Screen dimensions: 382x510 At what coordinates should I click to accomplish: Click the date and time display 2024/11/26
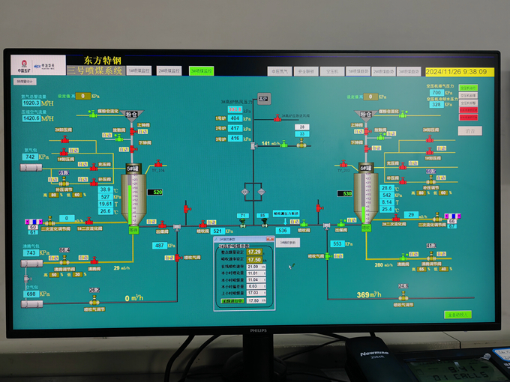(x=457, y=72)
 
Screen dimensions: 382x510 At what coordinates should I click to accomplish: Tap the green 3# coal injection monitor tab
(x=201, y=70)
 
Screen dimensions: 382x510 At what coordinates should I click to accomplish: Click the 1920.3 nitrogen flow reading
(x=31, y=103)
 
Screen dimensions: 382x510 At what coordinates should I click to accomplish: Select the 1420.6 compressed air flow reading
(x=31, y=118)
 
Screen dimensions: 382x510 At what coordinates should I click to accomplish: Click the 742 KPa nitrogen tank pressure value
(x=31, y=157)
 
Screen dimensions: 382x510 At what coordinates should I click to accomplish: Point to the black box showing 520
(x=157, y=192)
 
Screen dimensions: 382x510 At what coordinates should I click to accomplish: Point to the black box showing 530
(x=347, y=193)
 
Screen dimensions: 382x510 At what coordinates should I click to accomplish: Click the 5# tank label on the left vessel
(x=133, y=169)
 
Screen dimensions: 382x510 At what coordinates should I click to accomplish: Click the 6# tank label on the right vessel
(x=366, y=169)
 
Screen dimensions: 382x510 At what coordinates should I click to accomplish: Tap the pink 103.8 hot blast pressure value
(x=235, y=109)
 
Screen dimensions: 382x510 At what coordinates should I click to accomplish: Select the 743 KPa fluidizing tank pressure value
(x=31, y=252)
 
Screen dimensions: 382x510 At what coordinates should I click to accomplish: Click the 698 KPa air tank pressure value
(x=31, y=294)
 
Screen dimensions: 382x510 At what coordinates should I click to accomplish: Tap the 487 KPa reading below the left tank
(x=160, y=245)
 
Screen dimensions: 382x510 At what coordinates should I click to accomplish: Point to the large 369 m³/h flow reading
(x=368, y=294)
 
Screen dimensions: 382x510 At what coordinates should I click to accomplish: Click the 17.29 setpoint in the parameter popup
(x=254, y=252)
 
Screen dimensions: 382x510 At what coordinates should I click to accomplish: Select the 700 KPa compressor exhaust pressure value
(x=436, y=93)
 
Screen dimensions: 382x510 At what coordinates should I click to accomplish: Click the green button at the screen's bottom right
(x=457, y=315)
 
